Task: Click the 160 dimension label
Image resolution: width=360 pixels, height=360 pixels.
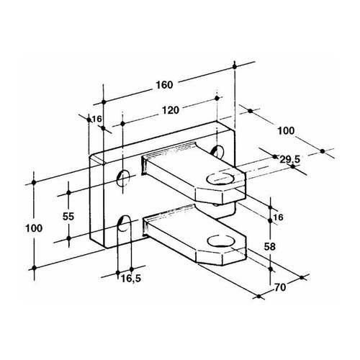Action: coord(164,85)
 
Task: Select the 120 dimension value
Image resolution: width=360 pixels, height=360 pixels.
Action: coord(171,110)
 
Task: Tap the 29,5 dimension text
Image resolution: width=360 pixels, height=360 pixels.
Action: coord(290,159)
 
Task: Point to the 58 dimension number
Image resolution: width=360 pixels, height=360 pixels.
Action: coord(269,246)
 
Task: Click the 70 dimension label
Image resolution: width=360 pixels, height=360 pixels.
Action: coord(280,287)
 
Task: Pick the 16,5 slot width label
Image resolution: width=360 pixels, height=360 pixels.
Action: coord(131,279)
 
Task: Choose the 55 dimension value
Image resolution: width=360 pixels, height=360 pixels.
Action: coord(68,217)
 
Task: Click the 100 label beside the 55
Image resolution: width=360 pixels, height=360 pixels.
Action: coord(34,228)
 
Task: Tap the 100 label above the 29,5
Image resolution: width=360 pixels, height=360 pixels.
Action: coord(286,131)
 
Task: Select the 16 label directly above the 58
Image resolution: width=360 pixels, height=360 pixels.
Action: coord(279,217)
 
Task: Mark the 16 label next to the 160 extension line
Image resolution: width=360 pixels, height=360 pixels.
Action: coord(97,119)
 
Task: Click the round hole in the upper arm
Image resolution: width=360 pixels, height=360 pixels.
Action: coord(220,179)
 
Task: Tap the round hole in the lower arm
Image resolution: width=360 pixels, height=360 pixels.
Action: coord(221,240)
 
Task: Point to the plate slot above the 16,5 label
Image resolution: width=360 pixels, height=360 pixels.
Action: coord(125,224)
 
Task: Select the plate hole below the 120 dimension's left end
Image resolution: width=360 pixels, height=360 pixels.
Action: coord(122,179)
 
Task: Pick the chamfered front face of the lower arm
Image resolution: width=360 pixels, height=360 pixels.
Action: coord(209,258)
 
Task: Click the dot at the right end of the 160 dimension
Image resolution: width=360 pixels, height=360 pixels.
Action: coord(235,66)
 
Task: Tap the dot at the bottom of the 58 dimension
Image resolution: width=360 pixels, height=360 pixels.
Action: coord(271,269)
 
